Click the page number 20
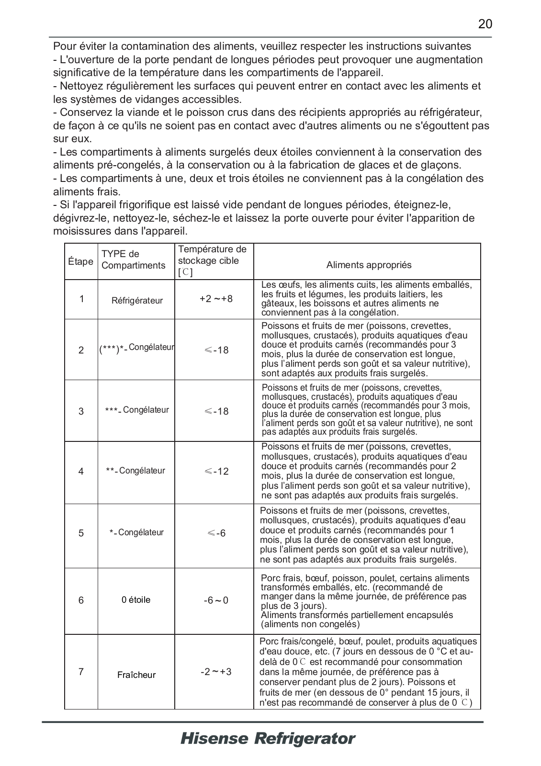485,24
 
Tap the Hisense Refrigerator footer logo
268,738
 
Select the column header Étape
81,261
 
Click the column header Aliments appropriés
369,265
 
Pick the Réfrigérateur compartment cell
137,301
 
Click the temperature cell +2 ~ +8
216,299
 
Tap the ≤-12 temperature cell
216,472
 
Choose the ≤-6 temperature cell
216,533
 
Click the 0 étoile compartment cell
136,600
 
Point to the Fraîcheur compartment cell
136,675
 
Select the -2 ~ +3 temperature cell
216,672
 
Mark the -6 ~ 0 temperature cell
216,600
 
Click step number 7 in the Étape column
81,672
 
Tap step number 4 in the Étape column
81,472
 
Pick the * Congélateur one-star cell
136,532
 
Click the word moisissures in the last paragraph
82,231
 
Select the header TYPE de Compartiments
133,259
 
